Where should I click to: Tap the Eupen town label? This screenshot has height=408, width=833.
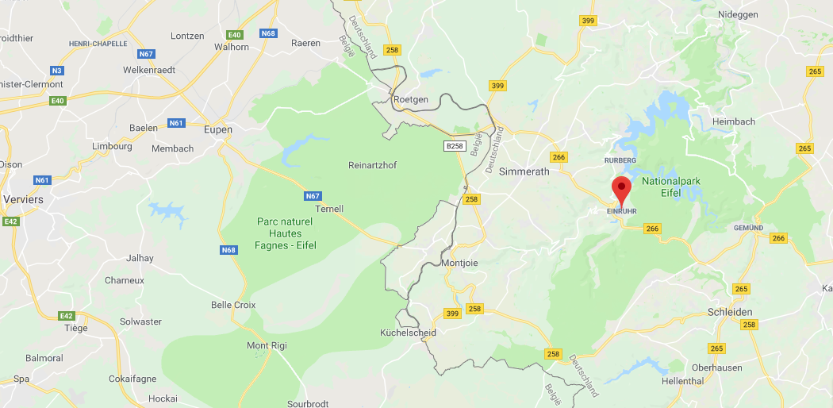(x=217, y=129)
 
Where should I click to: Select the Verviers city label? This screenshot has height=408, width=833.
(x=22, y=200)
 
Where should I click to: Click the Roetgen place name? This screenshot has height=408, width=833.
(x=410, y=99)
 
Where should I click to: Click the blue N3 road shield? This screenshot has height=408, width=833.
(x=57, y=71)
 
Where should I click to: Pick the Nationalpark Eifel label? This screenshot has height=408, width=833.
(x=671, y=187)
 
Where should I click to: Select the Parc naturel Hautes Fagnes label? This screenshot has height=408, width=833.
(x=286, y=233)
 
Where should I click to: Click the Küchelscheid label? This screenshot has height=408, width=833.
(x=408, y=333)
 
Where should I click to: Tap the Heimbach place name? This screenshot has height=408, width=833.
(x=734, y=121)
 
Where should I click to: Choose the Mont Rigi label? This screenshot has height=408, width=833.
(x=267, y=345)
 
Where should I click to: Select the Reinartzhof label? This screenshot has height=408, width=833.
(x=372, y=165)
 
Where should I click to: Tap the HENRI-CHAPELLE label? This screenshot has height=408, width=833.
(x=98, y=44)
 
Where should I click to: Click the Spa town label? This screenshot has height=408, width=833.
(x=21, y=379)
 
